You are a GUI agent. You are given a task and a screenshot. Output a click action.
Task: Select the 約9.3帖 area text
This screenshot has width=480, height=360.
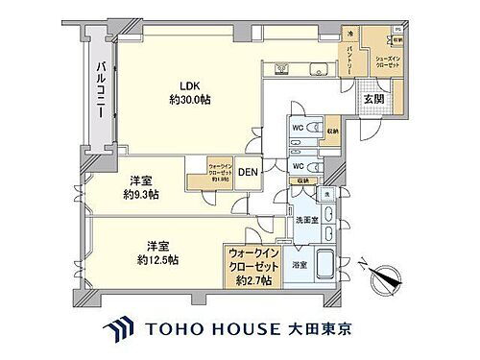(141, 194)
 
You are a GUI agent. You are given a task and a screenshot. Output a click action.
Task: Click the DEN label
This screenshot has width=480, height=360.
(248, 173)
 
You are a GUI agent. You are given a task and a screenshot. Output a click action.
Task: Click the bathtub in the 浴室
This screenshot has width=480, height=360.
(324, 262)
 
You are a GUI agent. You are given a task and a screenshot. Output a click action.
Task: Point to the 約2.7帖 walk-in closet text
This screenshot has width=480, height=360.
(250, 280)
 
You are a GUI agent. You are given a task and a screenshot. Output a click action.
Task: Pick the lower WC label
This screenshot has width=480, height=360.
(298, 164)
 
